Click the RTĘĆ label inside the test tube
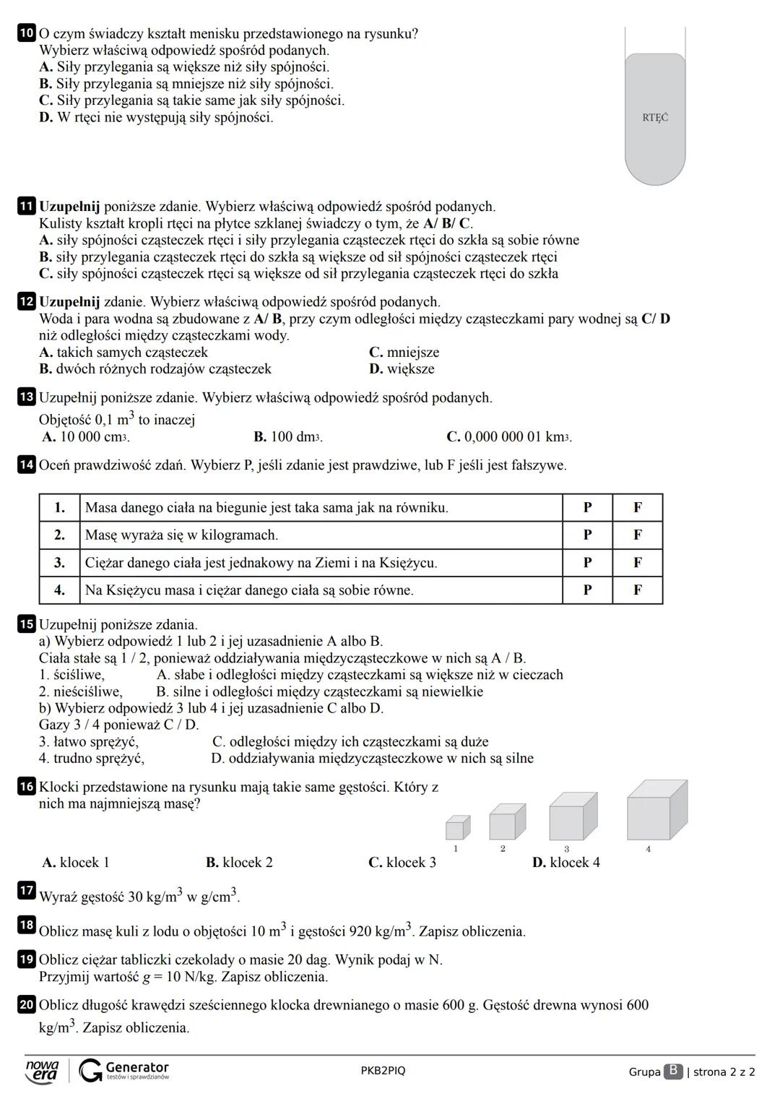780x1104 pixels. tap(654, 117)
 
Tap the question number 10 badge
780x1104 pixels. tap(26, 33)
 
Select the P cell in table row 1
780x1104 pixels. tap(587, 508)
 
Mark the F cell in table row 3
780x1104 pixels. tap(637, 563)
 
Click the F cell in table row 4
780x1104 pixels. tap(637, 590)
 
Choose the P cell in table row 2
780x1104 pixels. tap(587, 535)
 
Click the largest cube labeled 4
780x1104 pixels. tap(656, 811)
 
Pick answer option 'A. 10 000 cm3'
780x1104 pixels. tap(85, 437)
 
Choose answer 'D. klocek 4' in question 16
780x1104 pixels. tap(565, 863)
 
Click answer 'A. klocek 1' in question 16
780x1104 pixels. tap(76, 863)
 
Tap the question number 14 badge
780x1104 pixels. tap(26, 465)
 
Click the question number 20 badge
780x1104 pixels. tap(26, 1005)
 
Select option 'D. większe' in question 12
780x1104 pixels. tap(402, 369)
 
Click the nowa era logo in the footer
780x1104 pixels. tap(42, 1071)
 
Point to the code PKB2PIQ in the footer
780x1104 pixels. tap(383, 1071)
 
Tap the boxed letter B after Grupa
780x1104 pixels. tap(672, 1071)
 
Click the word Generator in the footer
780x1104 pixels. tap(136, 1067)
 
